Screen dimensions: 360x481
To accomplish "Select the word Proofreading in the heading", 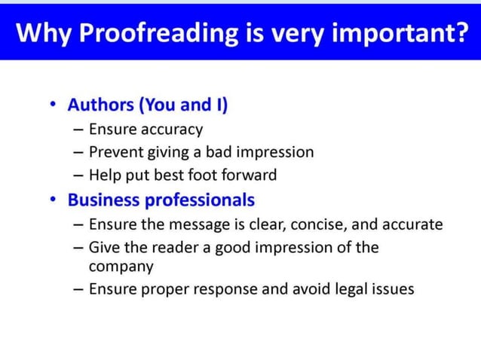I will [x=153, y=34].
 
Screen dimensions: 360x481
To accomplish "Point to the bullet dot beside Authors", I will [x=52, y=105].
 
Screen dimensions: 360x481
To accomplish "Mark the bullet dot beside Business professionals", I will [x=52, y=200].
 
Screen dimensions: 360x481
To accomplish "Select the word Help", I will [x=104, y=175].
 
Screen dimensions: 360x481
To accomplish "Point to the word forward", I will [x=248, y=175].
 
